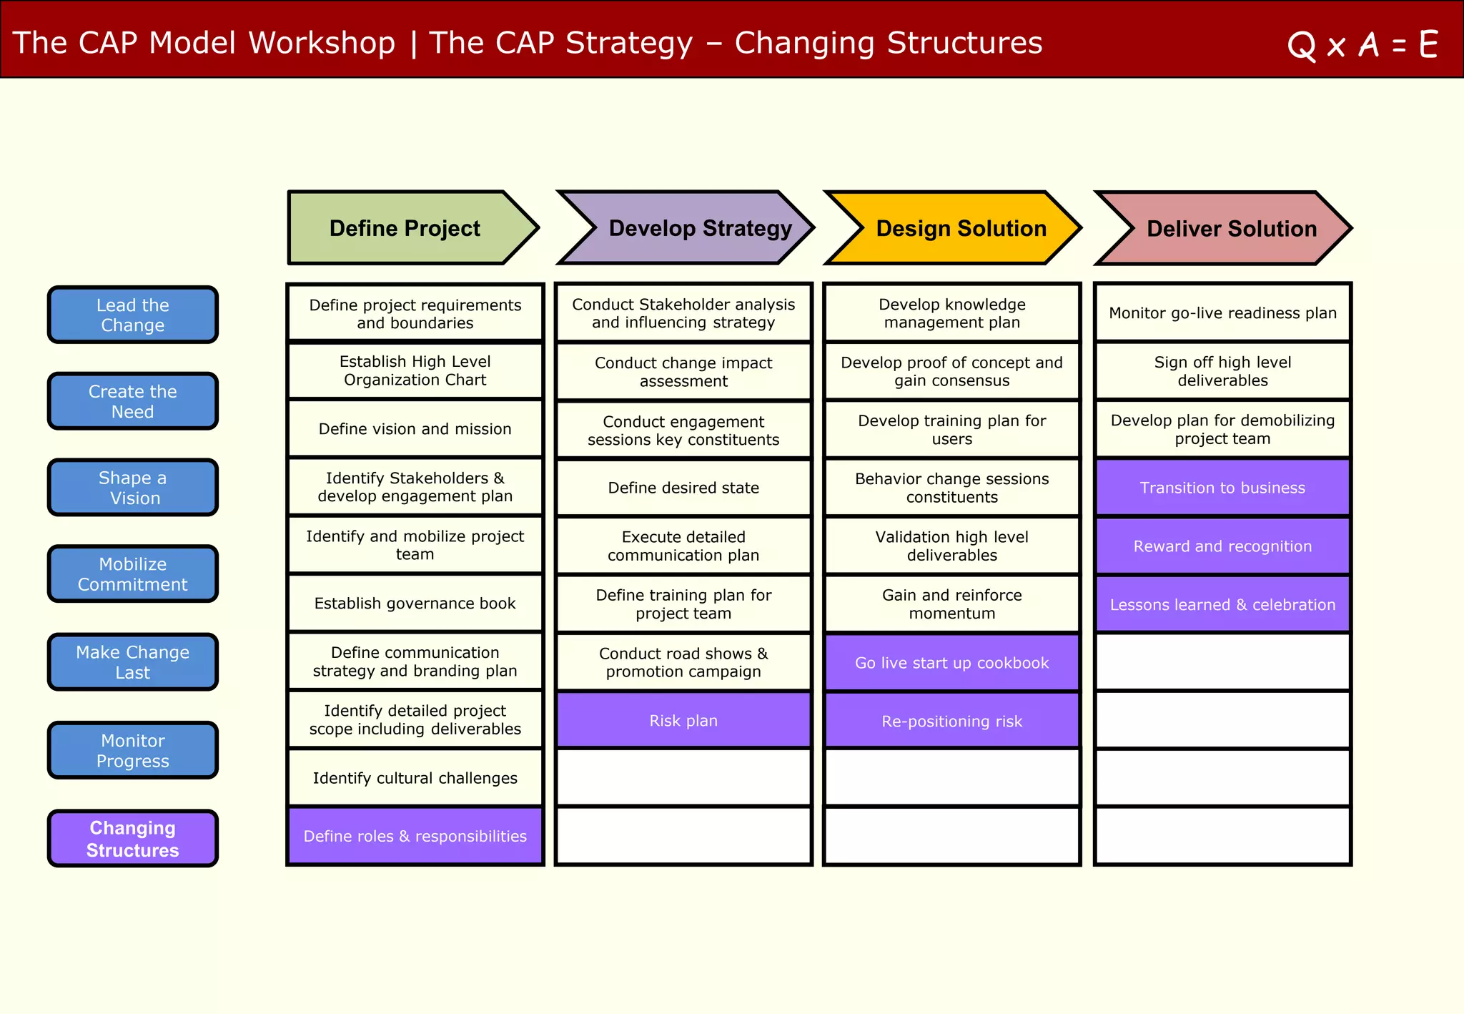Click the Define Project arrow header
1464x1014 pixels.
405,228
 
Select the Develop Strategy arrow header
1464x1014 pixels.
699,228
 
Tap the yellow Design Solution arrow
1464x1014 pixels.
960,228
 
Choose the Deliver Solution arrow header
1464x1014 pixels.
1231,228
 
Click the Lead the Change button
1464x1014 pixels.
133,315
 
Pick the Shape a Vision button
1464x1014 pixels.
133,488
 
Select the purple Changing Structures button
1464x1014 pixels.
133,839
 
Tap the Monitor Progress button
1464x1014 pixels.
133,751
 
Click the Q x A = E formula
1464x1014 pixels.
1362,45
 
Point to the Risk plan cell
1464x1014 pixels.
683,720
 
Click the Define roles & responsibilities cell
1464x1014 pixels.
415,836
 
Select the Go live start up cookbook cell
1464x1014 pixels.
951,663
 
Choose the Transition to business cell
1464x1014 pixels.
1222,488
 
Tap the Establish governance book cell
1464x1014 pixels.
415,604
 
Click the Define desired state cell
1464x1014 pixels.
683,488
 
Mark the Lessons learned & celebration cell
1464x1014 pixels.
1222,604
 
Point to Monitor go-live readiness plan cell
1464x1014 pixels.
1222,313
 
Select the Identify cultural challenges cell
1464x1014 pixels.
415,778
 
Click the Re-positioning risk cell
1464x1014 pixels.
951,721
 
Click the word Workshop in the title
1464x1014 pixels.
321,43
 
